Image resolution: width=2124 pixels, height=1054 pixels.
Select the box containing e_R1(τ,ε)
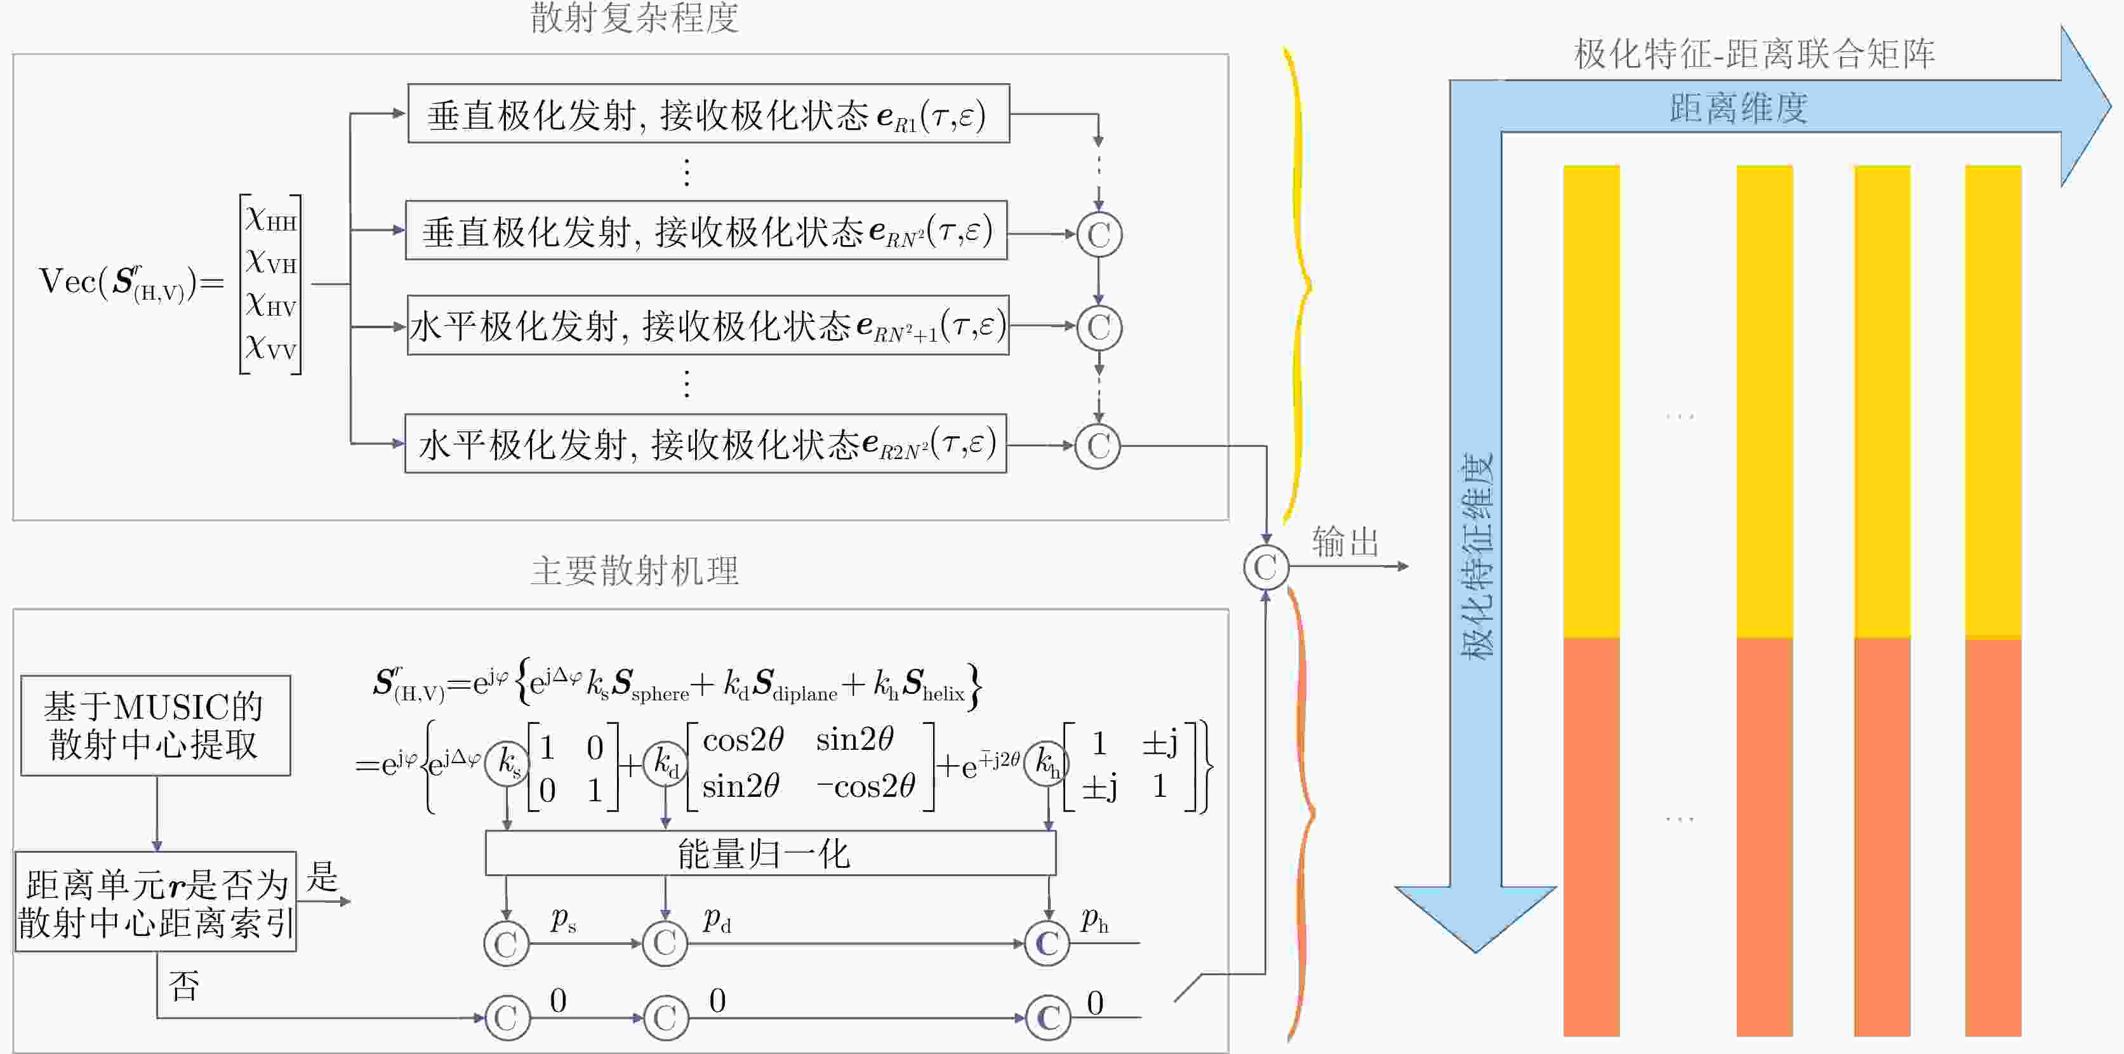click(708, 114)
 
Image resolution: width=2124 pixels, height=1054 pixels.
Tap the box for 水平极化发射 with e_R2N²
click(706, 444)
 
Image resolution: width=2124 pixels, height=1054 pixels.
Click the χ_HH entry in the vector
click(270, 218)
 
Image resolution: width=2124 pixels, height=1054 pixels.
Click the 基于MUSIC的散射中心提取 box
click(155, 726)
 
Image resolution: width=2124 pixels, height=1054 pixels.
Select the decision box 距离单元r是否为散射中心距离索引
click(155, 902)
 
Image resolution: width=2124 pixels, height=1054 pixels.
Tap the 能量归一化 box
click(770, 853)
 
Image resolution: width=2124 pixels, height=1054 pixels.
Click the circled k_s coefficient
click(508, 762)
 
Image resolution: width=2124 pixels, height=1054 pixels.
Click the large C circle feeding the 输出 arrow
click(1266, 568)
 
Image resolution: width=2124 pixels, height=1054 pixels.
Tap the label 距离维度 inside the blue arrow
click(1739, 108)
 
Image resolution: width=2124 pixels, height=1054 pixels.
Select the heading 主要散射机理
click(634, 571)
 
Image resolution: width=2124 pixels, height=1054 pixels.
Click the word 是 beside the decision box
click(322, 877)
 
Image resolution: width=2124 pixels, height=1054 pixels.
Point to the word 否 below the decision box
click(184, 985)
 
